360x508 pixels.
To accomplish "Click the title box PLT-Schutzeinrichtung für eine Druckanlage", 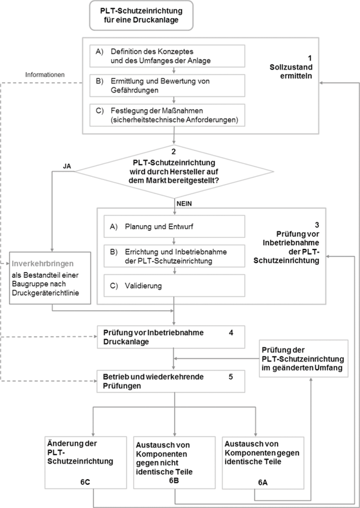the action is (141, 15).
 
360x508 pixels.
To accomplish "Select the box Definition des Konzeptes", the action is (167, 56).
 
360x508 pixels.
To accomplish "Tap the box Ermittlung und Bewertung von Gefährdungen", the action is (167, 86).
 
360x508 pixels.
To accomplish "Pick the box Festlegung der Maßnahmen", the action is (167, 115).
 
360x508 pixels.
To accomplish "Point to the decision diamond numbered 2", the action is (174, 172).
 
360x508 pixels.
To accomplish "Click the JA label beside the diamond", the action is (67, 167).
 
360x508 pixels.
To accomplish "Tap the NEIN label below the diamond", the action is (184, 204).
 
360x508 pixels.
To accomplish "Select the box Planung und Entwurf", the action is (174, 226).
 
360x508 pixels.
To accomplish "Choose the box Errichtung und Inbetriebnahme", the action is (174, 257).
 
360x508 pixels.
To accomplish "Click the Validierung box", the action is (174, 286).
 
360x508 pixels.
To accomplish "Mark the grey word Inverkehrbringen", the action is (43, 264).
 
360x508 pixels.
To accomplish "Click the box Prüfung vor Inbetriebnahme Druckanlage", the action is (171, 337).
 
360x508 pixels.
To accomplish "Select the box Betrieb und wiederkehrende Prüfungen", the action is (171, 381).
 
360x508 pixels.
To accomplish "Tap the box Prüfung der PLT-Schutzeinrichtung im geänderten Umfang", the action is (303, 359).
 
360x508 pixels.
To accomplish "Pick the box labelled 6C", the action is (85, 462).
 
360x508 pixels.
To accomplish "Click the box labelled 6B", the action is (174, 462).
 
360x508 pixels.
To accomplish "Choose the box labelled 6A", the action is (263, 462).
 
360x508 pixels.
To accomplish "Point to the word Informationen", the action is (45, 75).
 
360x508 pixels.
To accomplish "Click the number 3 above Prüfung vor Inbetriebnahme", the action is (316, 225).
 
